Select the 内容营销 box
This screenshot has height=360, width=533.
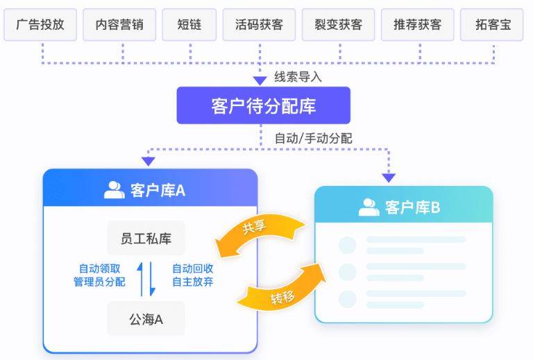119,24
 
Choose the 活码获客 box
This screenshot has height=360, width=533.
260,24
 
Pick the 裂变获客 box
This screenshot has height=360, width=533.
339,24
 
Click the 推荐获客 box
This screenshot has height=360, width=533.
418,24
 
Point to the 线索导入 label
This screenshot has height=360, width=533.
298,76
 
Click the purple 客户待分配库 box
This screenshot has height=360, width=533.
263,105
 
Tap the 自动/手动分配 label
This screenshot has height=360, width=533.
313,138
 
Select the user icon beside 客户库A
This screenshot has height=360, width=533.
114,189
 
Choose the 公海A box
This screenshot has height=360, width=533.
146,320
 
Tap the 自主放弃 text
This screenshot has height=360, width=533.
192,282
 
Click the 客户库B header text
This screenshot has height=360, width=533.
412,207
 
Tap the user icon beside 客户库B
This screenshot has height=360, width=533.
369,207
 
